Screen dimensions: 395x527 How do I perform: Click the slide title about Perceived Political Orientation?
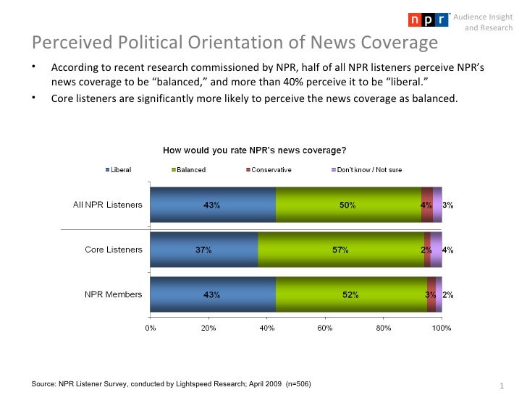click(235, 43)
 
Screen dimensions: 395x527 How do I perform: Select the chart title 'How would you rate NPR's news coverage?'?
click(253, 151)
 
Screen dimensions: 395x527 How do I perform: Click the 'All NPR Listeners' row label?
click(108, 205)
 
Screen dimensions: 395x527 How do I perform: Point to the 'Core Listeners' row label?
click(114, 250)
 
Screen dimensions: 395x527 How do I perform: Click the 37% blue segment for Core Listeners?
click(203, 250)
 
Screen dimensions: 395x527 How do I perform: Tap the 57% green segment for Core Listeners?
click(340, 250)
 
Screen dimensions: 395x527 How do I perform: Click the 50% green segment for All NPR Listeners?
click(348, 205)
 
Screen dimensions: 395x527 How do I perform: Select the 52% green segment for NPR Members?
click(351, 294)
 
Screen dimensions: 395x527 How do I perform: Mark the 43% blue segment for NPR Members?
click(212, 294)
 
